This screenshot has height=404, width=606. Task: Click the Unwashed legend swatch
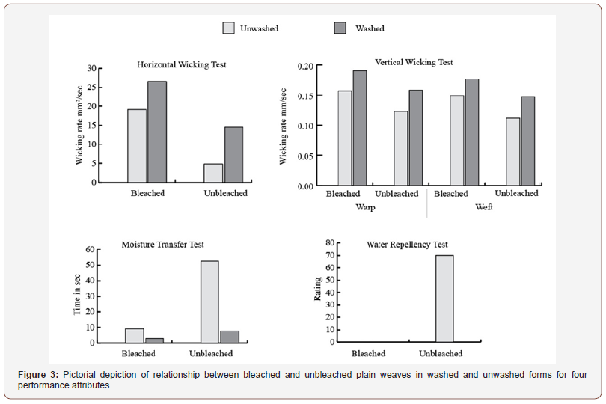(x=228, y=28)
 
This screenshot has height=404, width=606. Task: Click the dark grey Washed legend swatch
(x=340, y=28)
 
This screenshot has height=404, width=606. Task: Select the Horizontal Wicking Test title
(x=182, y=64)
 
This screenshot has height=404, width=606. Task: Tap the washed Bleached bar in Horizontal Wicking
(x=157, y=132)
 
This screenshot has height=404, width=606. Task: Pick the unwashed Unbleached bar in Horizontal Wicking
(x=213, y=173)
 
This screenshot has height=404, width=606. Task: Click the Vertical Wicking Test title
(x=414, y=62)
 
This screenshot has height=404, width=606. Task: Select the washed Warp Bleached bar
(x=359, y=128)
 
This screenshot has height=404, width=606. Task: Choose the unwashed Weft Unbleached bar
(x=513, y=152)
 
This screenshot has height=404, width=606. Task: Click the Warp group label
(x=365, y=207)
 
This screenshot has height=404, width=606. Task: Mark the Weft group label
(x=484, y=207)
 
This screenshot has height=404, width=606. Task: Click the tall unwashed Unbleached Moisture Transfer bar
(x=209, y=302)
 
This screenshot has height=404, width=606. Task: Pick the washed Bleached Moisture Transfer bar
(x=154, y=340)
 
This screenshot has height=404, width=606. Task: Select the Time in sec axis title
(x=77, y=295)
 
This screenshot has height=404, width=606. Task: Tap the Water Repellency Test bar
(x=444, y=299)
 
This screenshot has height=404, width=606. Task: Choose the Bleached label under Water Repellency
(x=368, y=353)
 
